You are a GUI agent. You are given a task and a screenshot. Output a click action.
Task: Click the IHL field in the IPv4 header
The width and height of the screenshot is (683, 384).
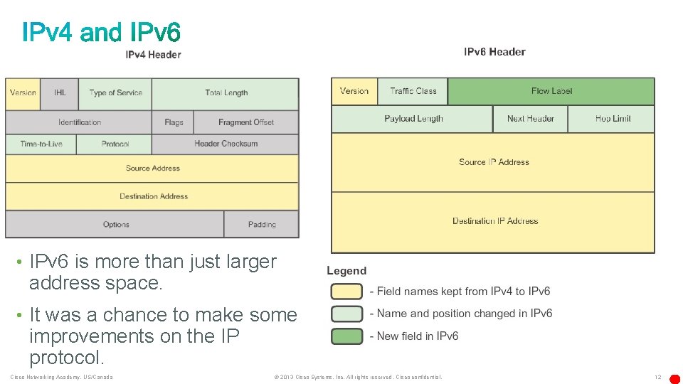(x=60, y=93)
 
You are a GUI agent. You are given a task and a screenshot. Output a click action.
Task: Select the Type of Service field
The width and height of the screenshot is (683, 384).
(x=115, y=93)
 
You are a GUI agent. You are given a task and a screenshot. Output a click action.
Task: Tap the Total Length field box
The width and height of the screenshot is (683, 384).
(x=226, y=93)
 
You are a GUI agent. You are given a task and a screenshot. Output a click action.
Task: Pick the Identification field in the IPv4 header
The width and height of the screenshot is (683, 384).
(x=79, y=122)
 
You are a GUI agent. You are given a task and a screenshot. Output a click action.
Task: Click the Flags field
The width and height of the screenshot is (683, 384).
(x=174, y=122)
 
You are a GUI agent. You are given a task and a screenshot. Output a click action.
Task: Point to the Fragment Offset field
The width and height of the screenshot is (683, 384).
(x=246, y=122)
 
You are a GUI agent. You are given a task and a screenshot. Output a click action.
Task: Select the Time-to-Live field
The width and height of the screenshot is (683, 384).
(x=41, y=144)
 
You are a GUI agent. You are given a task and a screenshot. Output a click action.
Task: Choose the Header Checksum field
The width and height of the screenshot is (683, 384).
(x=226, y=144)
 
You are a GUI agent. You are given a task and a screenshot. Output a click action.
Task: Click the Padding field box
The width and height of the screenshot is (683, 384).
(x=262, y=225)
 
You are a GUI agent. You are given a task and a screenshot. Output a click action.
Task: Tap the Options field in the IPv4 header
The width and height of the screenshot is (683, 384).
(x=115, y=225)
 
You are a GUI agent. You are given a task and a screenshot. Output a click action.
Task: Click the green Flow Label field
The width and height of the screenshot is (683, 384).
(x=551, y=91)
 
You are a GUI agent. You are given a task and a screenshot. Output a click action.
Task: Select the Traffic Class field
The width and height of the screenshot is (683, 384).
(x=413, y=91)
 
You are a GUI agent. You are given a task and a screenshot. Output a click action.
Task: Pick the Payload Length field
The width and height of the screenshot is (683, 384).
(x=413, y=119)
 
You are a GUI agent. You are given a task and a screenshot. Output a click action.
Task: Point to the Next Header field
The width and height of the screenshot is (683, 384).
(x=530, y=119)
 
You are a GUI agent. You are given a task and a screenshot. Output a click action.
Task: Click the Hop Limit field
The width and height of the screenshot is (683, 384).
(x=612, y=119)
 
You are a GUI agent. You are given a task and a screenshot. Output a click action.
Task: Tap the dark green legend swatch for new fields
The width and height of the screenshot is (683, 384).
(x=346, y=336)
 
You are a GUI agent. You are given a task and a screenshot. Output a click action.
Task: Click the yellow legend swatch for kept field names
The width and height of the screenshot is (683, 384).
(x=346, y=292)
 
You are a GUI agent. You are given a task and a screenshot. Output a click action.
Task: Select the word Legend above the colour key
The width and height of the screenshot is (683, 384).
(x=346, y=271)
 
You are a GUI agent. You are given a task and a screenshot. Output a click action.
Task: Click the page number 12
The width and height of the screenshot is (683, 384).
(x=657, y=377)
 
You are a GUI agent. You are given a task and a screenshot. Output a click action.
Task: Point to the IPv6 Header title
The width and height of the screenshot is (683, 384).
(x=494, y=52)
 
